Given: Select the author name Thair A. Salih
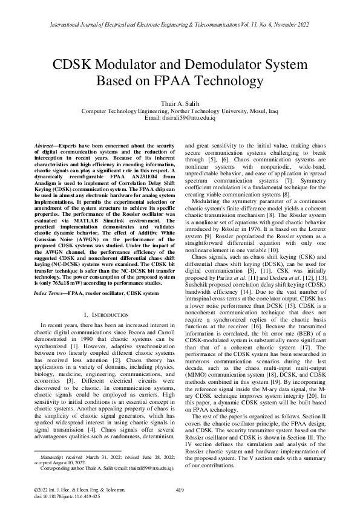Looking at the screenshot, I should pyautogui.click(x=180, y=104).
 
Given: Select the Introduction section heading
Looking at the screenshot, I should pyautogui.click(x=106, y=315).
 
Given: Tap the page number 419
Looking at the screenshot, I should pyautogui.click(x=180, y=490).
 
